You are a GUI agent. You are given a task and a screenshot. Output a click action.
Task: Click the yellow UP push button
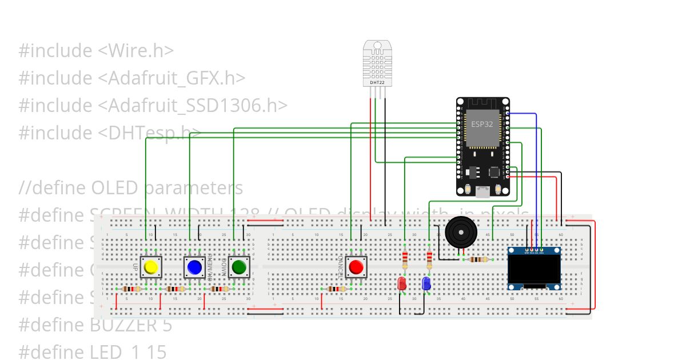click(x=151, y=267)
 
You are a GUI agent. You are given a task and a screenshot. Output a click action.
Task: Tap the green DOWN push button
click(x=239, y=267)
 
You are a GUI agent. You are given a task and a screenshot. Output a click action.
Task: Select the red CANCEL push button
click(x=356, y=267)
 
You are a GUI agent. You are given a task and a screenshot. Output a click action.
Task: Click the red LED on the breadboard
click(x=402, y=283)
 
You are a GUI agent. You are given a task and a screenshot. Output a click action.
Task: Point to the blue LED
click(x=426, y=283)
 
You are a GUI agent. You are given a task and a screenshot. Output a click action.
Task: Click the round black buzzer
click(x=460, y=232)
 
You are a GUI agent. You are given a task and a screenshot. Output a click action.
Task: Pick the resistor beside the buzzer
click(x=478, y=259)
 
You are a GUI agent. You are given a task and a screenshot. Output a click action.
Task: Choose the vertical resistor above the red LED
click(x=405, y=260)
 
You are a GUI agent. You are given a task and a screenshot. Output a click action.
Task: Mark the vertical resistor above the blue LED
click(x=429, y=260)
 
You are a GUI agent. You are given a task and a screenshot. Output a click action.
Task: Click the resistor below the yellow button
click(x=131, y=289)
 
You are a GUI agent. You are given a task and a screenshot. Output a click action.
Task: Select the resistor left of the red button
click(x=336, y=289)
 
